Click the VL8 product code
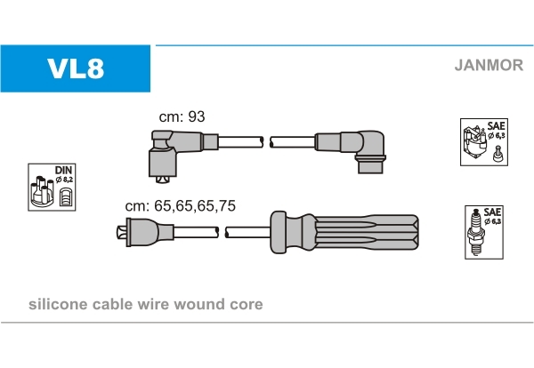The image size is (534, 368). pyautogui.click(x=76, y=69)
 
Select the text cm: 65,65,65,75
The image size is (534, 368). pyautogui.click(x=180, y=205)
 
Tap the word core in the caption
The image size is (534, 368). pyautogui.click(x=246, y=304)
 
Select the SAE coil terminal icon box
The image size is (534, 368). pyautogui.click(x=484, y=141)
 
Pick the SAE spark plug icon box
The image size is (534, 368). pyautogui.click(x=484, y=233)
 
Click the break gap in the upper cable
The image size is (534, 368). pyautogui.click(x=267, y=140)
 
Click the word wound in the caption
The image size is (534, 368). pyautogui.click(x=200, y=304)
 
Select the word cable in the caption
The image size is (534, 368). pyautogui.click(x=115, y=304)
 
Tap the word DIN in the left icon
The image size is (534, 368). pyautogui.click(x=63, y=170)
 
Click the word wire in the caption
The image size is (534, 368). pyautogui.click(x=156, y=304)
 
